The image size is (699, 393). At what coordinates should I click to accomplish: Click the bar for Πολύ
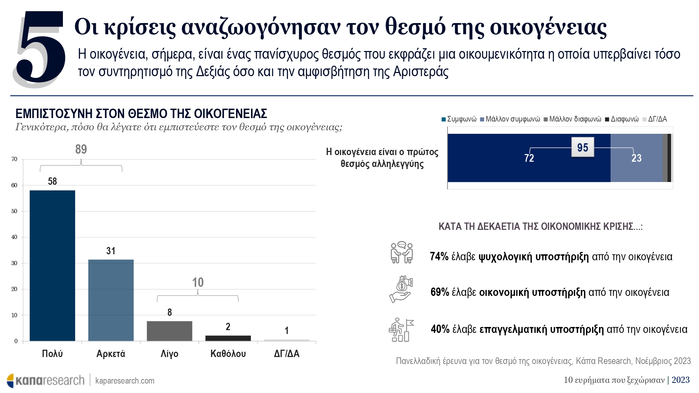point(52,265)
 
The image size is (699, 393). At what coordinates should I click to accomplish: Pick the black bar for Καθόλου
point(228,338)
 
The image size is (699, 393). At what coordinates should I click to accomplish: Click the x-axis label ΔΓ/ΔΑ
point(287,354)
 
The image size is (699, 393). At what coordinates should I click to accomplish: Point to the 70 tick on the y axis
point(14,159)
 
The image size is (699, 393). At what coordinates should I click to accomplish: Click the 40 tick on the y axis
point(14,237)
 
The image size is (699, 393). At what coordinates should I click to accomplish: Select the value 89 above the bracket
point(81,150)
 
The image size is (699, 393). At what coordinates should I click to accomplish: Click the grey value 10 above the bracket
point(198,282)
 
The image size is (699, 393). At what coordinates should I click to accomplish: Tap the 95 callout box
point(583,147)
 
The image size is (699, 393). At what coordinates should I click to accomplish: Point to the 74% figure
point(439,256)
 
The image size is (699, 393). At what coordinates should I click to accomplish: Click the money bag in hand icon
point(401,289)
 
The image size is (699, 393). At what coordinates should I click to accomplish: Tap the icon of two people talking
point(402,252)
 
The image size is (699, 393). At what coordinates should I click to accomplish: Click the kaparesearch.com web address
point(125,381)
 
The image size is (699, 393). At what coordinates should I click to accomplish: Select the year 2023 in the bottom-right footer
point(680,380)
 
